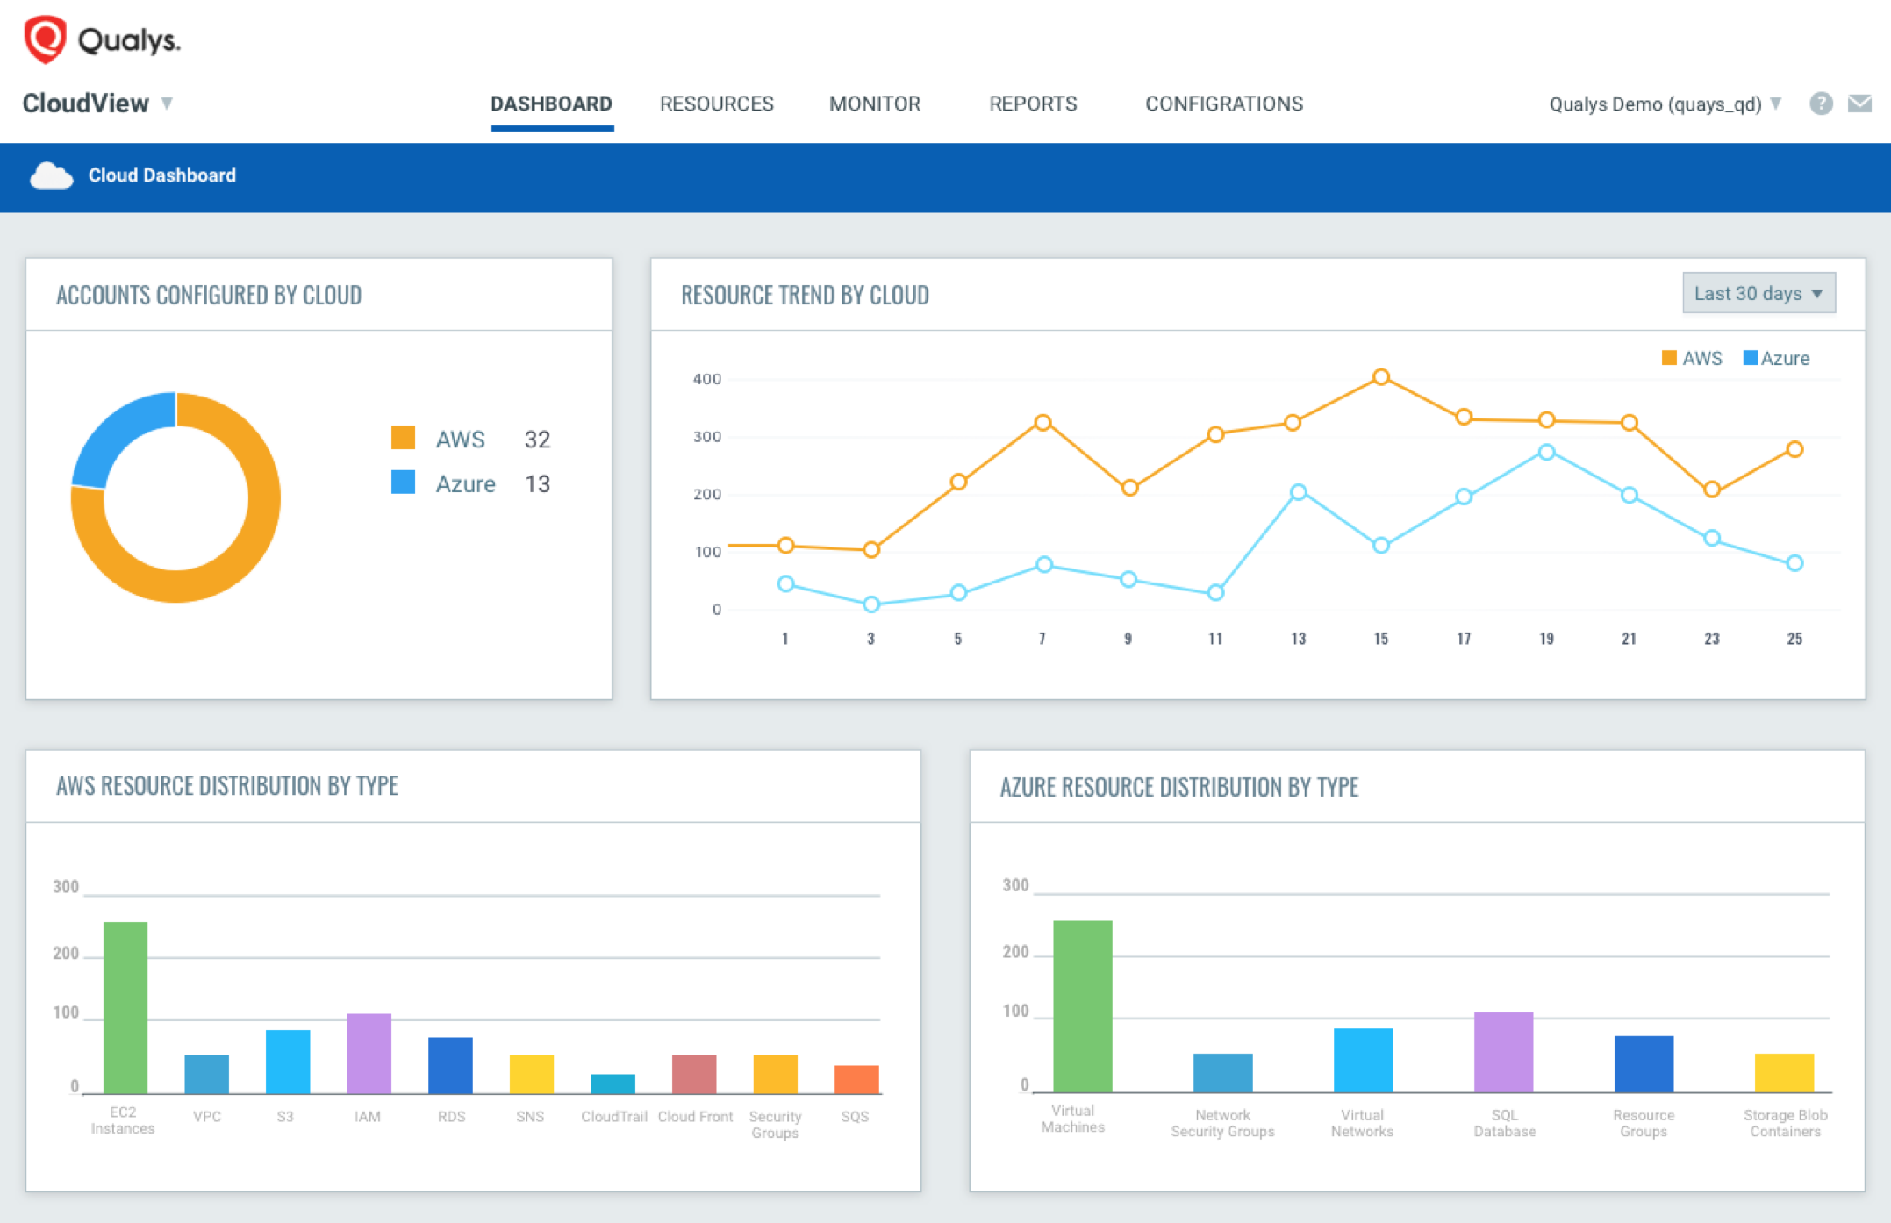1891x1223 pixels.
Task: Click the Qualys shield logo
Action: (x=45, y=39)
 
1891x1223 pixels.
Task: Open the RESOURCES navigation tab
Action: (x=716, y=104)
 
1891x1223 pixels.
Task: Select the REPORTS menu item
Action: (x=1033, y=104)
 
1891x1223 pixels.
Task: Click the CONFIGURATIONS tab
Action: (x=1223, y=104)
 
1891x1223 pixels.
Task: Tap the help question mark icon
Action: (x=1821, y=104)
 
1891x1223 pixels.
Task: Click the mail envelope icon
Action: (x=1859, y=104)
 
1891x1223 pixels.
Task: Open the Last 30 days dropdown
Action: (x=1758, y=293)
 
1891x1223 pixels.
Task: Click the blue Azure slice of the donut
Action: (x=118, y=433)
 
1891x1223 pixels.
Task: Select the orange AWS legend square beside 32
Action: (x=403, y=438)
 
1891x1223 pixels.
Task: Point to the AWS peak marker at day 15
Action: (x=1380, y=377)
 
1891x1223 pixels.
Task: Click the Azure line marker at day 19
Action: (x=1546, y=453)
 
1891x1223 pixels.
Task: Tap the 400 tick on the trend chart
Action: (x=707, y=379)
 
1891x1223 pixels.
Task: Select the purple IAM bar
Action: (x=369, y=1054)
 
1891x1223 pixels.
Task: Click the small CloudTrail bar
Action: (x=612, y=1084)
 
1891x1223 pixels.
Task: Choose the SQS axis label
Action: (x=854, y=1117)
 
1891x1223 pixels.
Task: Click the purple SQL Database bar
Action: (x=1503, y=1052)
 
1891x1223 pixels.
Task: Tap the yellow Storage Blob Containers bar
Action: (x=1784, y=1072)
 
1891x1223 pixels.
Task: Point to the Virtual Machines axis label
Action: (x=1072, y=1119)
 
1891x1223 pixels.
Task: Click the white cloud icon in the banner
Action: (x=51, y=175)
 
